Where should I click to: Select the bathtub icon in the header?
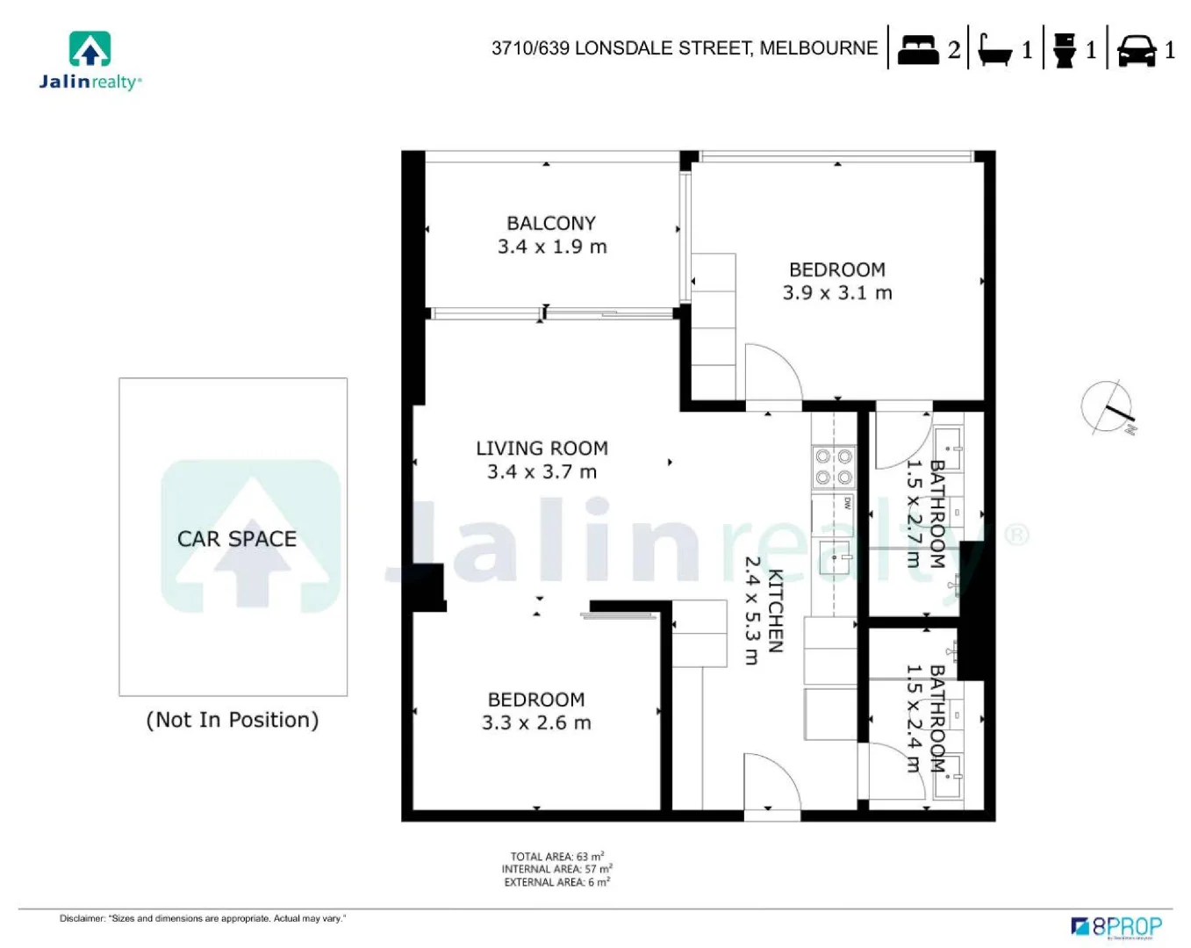[x=994, y=49]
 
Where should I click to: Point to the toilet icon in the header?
[x=1064, y=49]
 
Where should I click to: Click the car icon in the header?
[x=1136, y=50]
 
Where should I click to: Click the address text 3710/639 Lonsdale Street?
[x=684, y=48]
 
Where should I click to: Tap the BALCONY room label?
[x=551, y=223]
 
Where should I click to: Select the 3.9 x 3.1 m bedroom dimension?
[x=836, y=293]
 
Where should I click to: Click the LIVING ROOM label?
[x=542, y=448]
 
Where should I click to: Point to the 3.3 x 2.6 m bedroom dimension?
[x=536, y=723]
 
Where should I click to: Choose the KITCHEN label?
[x=775, y=611]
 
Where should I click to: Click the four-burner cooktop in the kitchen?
[x=833, y=467]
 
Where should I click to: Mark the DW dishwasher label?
[x=847, y=503]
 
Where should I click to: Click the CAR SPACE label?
[x=236, y=539]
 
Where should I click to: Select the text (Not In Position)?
[x=232, y=720]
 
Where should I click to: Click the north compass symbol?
[x=1108, y=407]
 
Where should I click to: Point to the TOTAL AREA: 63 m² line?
[x=556, y=857]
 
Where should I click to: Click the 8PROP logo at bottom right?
[x=1116, y=926]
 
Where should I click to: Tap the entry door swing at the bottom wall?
[x=770, y=783]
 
